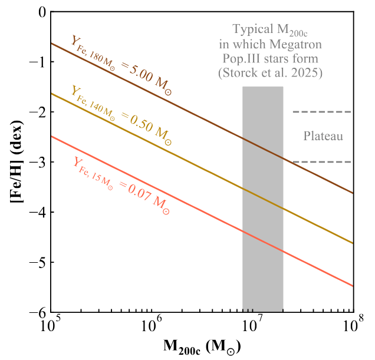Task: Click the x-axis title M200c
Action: coord(202,346)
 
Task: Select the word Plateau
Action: coord(323,137)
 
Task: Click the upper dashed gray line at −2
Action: coord(323,112)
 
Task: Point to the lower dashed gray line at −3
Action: coord(323,162)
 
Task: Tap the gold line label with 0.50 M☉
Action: coord(121,116)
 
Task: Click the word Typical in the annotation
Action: coord(254,29)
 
